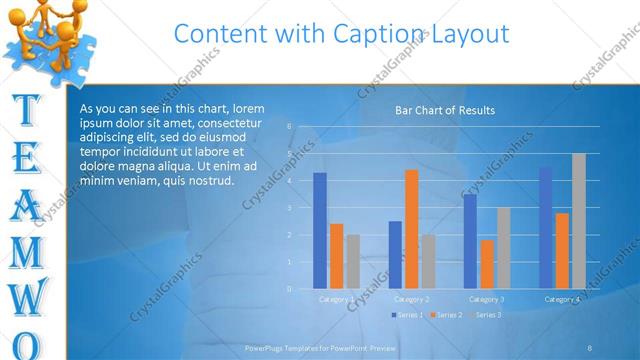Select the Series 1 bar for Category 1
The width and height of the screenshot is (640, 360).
tap(320, 230)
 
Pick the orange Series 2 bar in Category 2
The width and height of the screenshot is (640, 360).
tap(411, 229)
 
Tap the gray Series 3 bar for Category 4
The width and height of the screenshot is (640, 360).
tap(579, 221)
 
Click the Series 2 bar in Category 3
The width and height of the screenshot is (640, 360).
tap(487, 264)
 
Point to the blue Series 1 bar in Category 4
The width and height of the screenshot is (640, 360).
tap(545, 228)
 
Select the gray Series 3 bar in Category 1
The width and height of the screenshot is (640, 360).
tap(353, 262)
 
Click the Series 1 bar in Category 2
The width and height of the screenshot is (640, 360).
tap(395, 255)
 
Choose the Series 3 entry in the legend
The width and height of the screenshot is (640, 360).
tap(487, 315)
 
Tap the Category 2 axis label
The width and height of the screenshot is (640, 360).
tap(411, 299)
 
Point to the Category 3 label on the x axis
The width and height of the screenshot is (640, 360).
tap(487, 299)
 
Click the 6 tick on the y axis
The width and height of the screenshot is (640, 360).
tap(289, 127)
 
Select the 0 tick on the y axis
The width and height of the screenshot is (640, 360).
tap(289, 289)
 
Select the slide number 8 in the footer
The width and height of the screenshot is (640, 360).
tap(590, 348)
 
